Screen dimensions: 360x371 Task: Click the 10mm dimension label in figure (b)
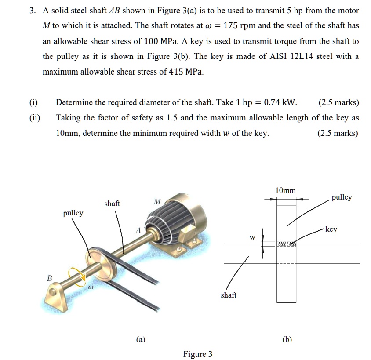pyautogui.click(x=285, y=190)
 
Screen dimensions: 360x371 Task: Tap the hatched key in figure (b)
pyautogui.click(x=286, y=244)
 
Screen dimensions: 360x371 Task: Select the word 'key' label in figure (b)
pyautogui.click(x=331, y=229)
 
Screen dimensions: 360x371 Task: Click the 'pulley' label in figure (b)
pyautogui.click(x=342, y=197)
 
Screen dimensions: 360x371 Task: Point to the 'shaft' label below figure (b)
pyautogui.click(x=228, y=295)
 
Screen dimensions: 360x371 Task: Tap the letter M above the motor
pyautogui.click(x=157, y=201)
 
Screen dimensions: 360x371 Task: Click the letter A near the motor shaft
pyautogui.click(x=138, y=230)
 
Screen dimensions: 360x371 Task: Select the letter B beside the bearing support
pyautogui.click(x=49, y=278)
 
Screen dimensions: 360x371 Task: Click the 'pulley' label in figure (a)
pyautogui.click(x=73, y=213)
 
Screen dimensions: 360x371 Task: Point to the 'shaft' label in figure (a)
pyautogui.click(x=112, y=204)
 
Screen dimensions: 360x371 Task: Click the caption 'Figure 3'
pyautogui.click(x=197, y=354)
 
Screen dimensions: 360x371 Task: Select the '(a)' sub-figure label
pyautogui.click(x=141, y=339)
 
